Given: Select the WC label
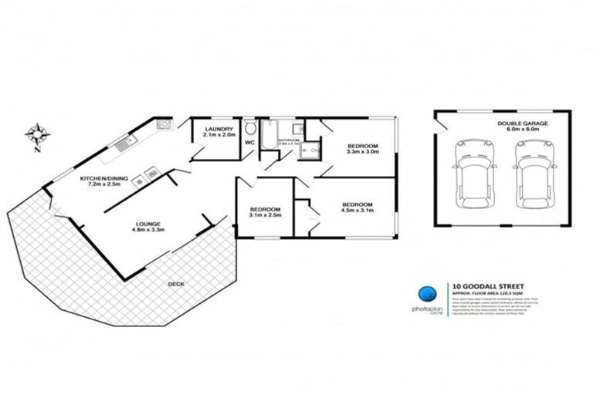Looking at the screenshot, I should (x=249, y=143).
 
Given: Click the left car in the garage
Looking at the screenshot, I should (x=472, y=173).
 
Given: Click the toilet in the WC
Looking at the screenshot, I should (x=249, y=127).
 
